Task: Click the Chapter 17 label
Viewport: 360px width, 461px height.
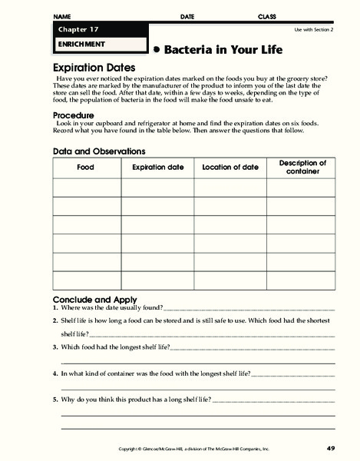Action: pos(74,29)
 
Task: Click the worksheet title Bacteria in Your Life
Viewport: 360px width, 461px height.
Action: pos(223,50)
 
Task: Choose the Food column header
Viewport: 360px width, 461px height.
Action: pos(85,167)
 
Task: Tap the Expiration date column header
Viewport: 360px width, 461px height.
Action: pos(158,167)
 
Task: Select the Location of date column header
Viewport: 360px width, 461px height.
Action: pos(230,167)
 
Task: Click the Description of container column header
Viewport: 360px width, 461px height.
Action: pos(302,167)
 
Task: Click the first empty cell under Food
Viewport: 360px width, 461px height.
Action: pos(85,187)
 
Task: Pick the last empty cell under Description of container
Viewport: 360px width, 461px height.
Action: pos(302,280)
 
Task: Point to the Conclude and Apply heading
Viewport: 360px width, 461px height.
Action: pos(94,299)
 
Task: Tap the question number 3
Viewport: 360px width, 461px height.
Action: pos(55,347)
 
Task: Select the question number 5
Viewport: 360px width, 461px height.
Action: pos(55,400)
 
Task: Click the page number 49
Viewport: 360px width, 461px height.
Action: pos(330,448)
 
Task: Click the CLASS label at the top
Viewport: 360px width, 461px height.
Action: pos(266,16)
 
